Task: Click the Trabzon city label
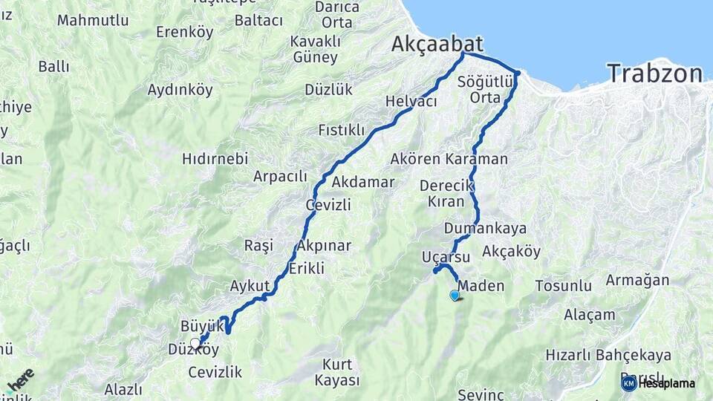[654, 74]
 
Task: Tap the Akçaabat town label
[437, 45]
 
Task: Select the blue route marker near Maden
[455, 296]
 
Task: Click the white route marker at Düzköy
[195, 343]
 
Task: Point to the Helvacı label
[411, 102]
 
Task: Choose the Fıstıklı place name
[341, 131]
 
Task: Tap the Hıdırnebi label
[215, 159]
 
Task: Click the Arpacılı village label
[280, 177]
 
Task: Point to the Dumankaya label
[486, 228]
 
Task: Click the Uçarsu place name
[446, 257]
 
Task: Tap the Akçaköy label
[511, 252]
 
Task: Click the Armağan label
[637, 281]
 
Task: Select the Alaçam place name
[589, 315]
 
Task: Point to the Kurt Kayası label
[337, 373]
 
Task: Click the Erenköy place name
[184, 32]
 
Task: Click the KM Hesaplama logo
[658, 383]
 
